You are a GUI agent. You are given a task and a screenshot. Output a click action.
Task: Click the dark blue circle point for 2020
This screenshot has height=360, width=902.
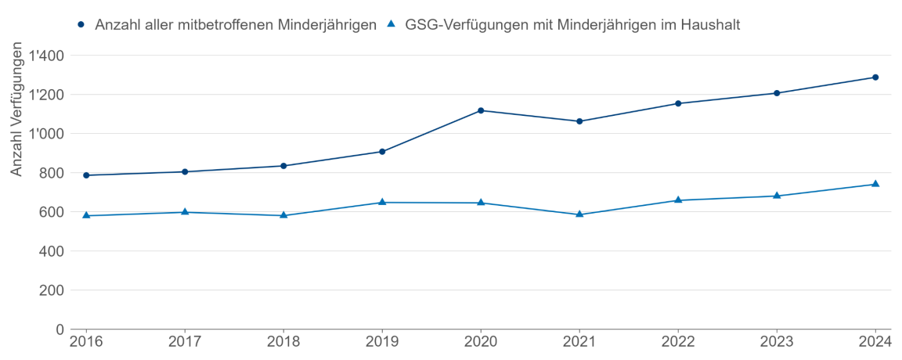tap(481, 110)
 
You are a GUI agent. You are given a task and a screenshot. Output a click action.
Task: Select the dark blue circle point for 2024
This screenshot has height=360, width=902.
tap(875, 77)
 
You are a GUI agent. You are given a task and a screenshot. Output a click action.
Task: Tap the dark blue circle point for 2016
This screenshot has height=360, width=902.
tap(86, 175)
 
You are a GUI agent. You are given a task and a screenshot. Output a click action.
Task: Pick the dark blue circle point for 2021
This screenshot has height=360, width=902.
tap(579, 121)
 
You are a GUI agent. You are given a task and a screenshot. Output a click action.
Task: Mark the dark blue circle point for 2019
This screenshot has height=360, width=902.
tap(382, 152)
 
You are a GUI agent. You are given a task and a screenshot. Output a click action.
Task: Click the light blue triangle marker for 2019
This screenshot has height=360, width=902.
tap(382, 202)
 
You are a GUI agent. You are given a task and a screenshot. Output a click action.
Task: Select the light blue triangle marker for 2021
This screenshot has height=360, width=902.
tap(579, 214)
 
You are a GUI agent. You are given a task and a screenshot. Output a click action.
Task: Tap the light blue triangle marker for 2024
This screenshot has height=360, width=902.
tap(875, 184)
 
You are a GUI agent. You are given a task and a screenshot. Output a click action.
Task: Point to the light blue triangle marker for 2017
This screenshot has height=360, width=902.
tap(185, 211)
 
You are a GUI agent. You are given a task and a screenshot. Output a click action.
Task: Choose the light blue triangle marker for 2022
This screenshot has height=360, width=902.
tap(678, 200)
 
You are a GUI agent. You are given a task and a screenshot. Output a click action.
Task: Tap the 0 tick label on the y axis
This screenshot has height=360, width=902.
tap(60, 329)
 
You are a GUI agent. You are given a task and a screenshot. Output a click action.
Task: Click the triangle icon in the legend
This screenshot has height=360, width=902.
tap(391, 24)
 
